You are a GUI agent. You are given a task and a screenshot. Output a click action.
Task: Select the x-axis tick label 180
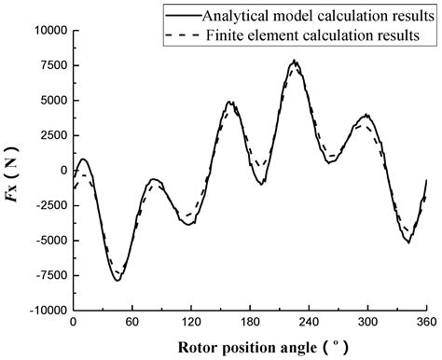pos(250,322)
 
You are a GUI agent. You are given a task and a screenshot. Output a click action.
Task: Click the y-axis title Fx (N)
pos(16,172)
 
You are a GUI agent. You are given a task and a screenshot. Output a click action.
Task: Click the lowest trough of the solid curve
pos(117,280)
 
